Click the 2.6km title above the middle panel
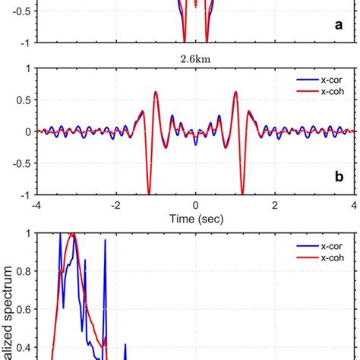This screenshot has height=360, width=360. point(195,55)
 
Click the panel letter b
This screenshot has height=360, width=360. point(341,179)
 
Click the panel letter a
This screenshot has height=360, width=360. point(341,25)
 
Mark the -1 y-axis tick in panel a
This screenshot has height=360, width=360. point(24,43)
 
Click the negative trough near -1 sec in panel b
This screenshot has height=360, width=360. point(150,193)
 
